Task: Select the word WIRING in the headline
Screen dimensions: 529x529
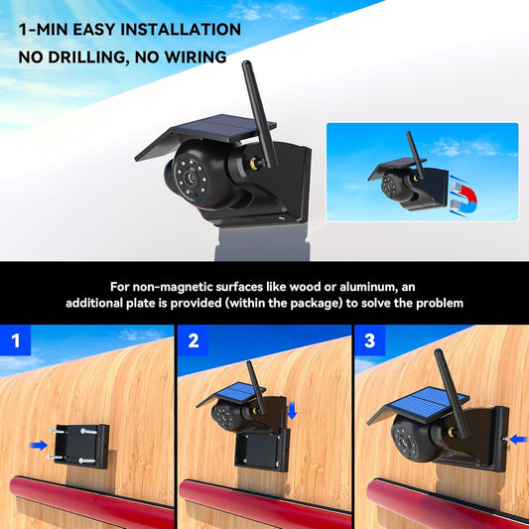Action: coord(203,58)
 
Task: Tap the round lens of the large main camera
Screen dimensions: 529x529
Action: coord(188,176)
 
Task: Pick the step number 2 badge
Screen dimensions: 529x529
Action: coord(194,341)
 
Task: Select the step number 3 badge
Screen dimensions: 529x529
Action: coord(370,341)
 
